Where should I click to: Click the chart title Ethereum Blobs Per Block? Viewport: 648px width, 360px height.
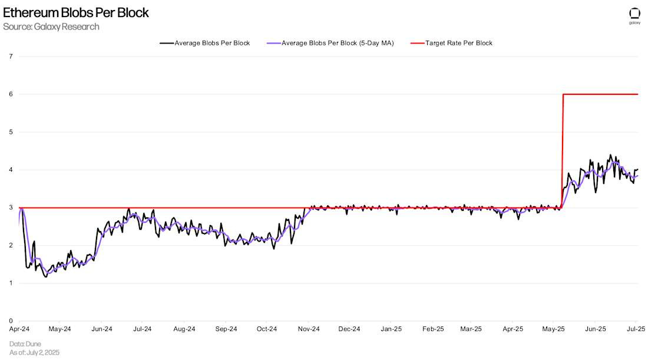76,12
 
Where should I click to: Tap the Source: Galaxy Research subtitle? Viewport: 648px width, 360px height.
51,27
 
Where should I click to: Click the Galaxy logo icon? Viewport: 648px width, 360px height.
634,14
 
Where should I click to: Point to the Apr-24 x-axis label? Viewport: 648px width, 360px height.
19,329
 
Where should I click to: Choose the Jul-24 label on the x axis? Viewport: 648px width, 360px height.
143,329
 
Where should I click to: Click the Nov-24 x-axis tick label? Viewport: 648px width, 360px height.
309,329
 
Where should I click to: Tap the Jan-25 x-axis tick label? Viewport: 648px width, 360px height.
391,329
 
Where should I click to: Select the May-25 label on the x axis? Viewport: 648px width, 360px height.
554,329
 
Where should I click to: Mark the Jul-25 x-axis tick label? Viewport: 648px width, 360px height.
635,329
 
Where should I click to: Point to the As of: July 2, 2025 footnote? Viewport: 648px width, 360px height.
34,352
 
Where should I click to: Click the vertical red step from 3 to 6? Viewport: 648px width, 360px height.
563,151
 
